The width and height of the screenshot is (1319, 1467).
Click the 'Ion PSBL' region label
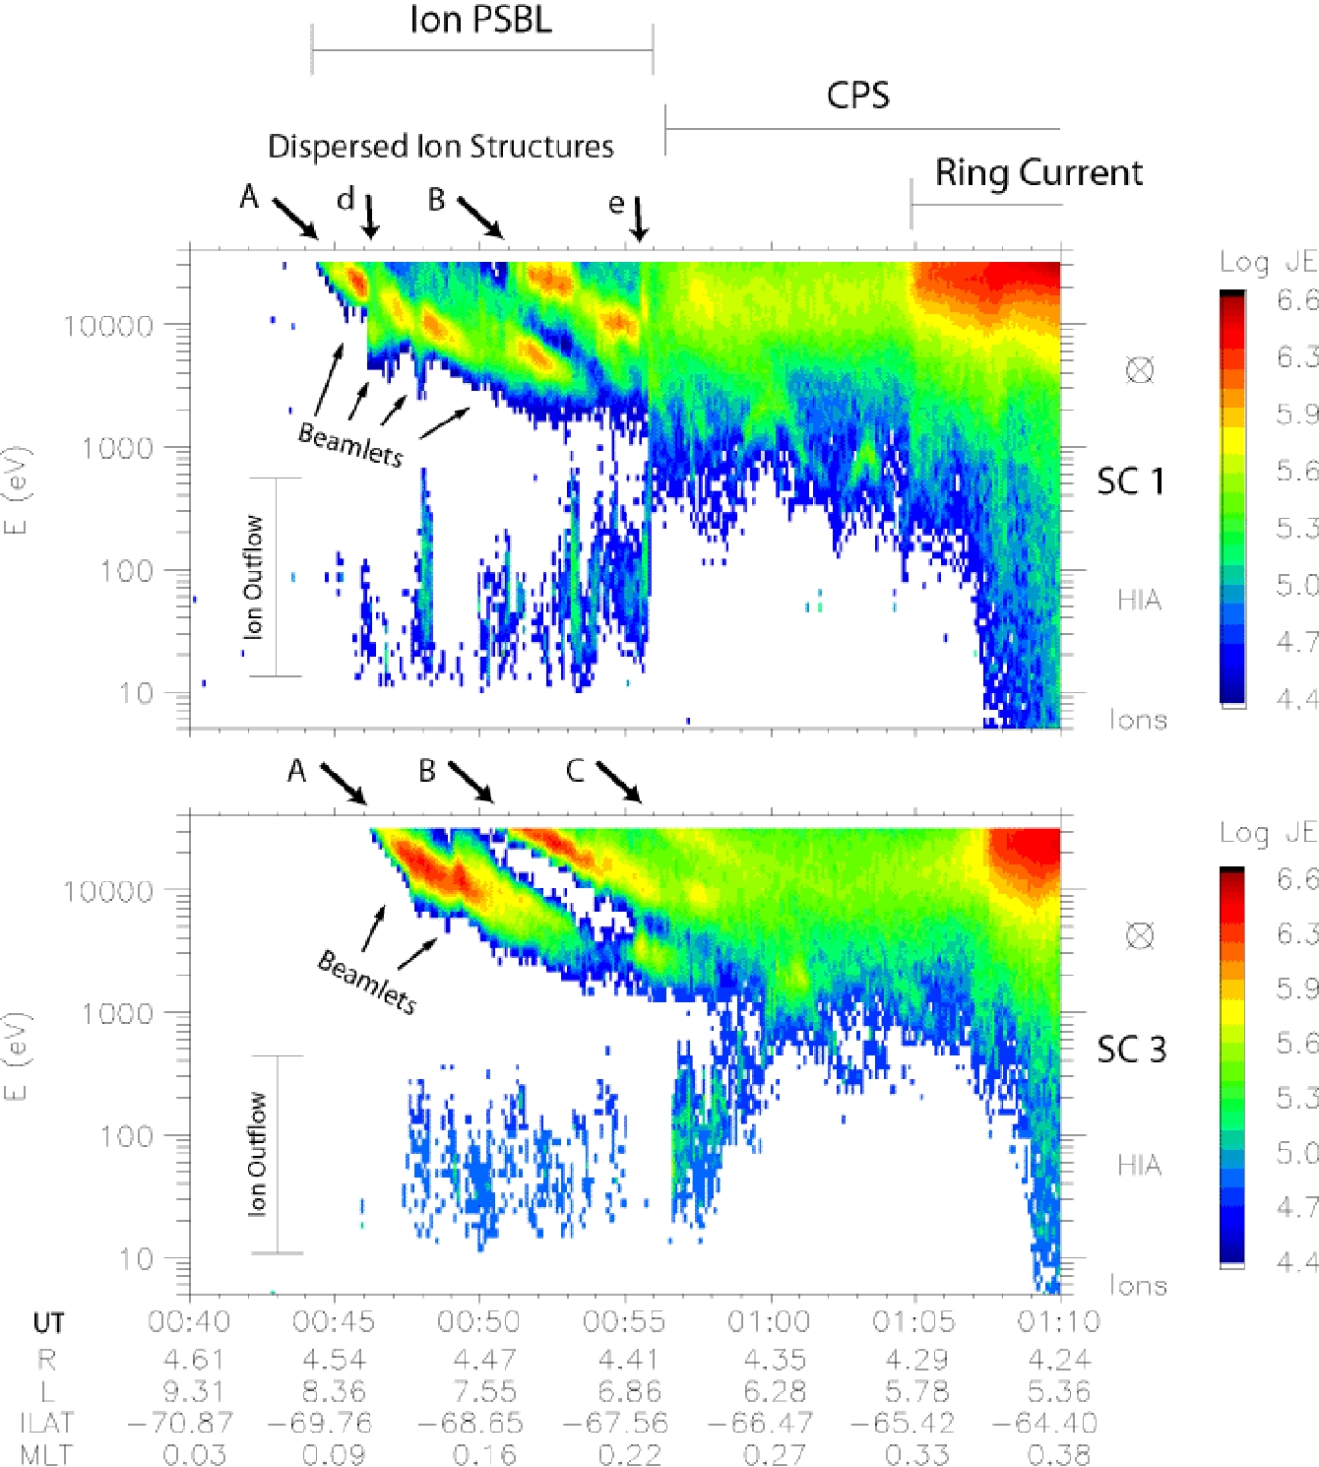click(x=480, y=20)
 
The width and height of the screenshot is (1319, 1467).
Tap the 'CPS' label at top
click(x=857, y=96)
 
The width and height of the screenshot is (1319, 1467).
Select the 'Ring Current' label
click(x=1038, y=172)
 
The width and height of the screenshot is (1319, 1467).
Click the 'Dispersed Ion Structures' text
click(x=441, y=147)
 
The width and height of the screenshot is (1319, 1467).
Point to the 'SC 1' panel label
click(x=1131, y=481)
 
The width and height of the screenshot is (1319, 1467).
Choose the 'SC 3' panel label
click(x=1131, y=1050)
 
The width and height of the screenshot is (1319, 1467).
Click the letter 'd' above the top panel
click(x=345, y=200)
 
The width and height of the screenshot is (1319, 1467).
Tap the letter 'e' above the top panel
click(x=616, y=204)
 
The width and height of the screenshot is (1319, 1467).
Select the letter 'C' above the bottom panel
click(x=575, y=771)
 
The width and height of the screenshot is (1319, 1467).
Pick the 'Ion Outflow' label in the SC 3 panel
click(x=257, y=1154)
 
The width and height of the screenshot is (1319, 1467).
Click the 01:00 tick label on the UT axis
click(x=768, y=1321)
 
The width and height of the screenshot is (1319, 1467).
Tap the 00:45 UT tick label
click(x=334, y=1321)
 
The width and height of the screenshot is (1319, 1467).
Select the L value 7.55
click(x=483, y=1391)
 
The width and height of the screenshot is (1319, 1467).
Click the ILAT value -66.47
click(x=774, y=1423)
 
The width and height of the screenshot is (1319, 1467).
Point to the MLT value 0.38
click(x=1059, y=1454)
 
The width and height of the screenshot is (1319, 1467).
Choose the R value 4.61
click(x=194, y=1360)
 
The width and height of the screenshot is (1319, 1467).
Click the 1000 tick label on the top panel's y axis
click(x=117, y=448)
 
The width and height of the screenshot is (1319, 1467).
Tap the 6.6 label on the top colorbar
click(x=1296, y=299)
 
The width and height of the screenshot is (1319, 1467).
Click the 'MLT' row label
click(x=46, y=1454)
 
